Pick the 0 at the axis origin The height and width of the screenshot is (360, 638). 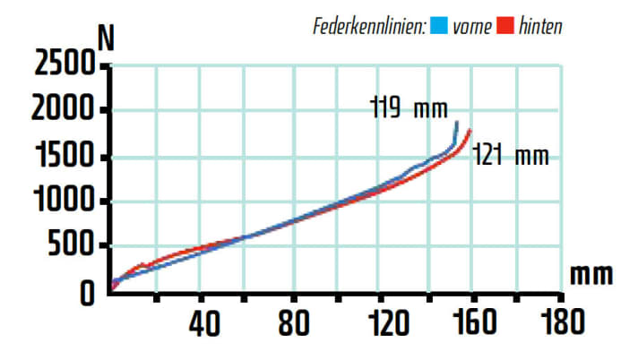[x=87, y=293]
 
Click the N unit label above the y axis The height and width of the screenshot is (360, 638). [x=106, y=38]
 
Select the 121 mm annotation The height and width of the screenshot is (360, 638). [x=509, y=156]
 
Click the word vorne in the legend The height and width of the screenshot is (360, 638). [x=471, y=26]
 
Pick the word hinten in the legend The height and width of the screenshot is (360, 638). [x=542, y=26]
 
